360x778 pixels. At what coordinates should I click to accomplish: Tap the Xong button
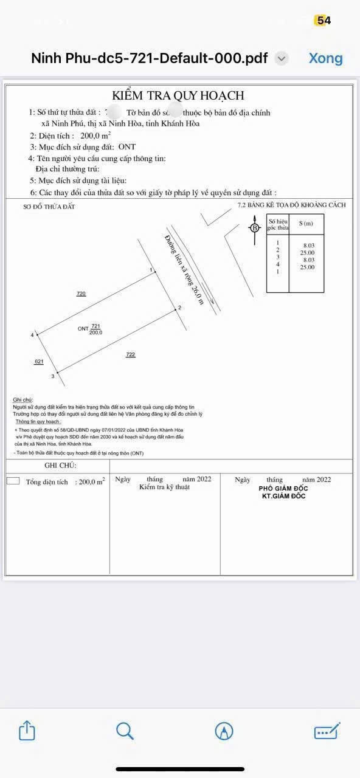[325, 58]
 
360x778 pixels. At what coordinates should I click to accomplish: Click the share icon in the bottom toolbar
[27, 730]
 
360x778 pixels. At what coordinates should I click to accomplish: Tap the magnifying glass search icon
[125, 730]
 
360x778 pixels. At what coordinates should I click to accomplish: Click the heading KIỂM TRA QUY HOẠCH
[178, 95]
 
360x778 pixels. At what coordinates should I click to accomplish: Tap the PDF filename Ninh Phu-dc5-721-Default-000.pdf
[149, 58]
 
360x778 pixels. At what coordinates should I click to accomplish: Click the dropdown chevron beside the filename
[281, 58]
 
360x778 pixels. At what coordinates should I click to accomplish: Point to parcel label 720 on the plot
[81, 294]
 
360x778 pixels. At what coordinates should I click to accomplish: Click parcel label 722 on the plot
[130, 354]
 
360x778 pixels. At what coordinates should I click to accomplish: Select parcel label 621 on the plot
[39, 362]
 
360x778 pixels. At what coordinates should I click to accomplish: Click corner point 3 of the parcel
[57, 373]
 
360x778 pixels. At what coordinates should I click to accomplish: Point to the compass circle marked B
[255, 228]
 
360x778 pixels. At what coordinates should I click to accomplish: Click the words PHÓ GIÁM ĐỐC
[283, 488]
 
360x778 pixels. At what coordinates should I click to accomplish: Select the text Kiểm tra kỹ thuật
[164, 487]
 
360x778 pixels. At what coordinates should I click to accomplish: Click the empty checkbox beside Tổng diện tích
[13, 481]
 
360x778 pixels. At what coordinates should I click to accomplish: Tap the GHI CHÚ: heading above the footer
[60, 465]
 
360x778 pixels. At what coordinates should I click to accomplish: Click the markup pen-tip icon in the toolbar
[224, 731]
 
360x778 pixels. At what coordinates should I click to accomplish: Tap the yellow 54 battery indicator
[323, 21]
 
